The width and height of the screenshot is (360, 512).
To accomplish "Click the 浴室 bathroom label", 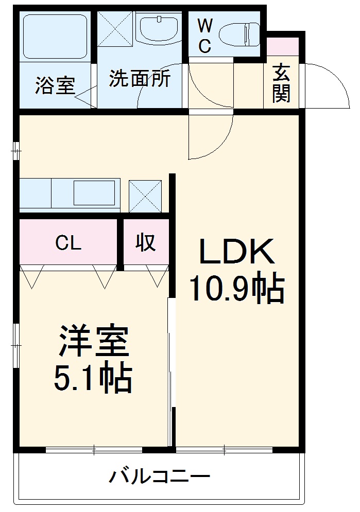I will (x=55, y=85).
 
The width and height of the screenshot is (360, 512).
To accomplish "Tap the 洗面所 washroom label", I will (x=140, y=79).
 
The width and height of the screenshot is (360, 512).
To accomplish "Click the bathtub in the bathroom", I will (x=55, y=36).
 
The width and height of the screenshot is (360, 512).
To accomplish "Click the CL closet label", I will (x=68, y=243).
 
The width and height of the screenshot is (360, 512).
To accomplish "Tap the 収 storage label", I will (x=146, y=242).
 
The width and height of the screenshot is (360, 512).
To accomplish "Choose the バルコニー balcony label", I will (x=159, y=476).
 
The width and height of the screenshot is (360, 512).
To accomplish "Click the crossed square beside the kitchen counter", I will (x=145, y=196).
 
